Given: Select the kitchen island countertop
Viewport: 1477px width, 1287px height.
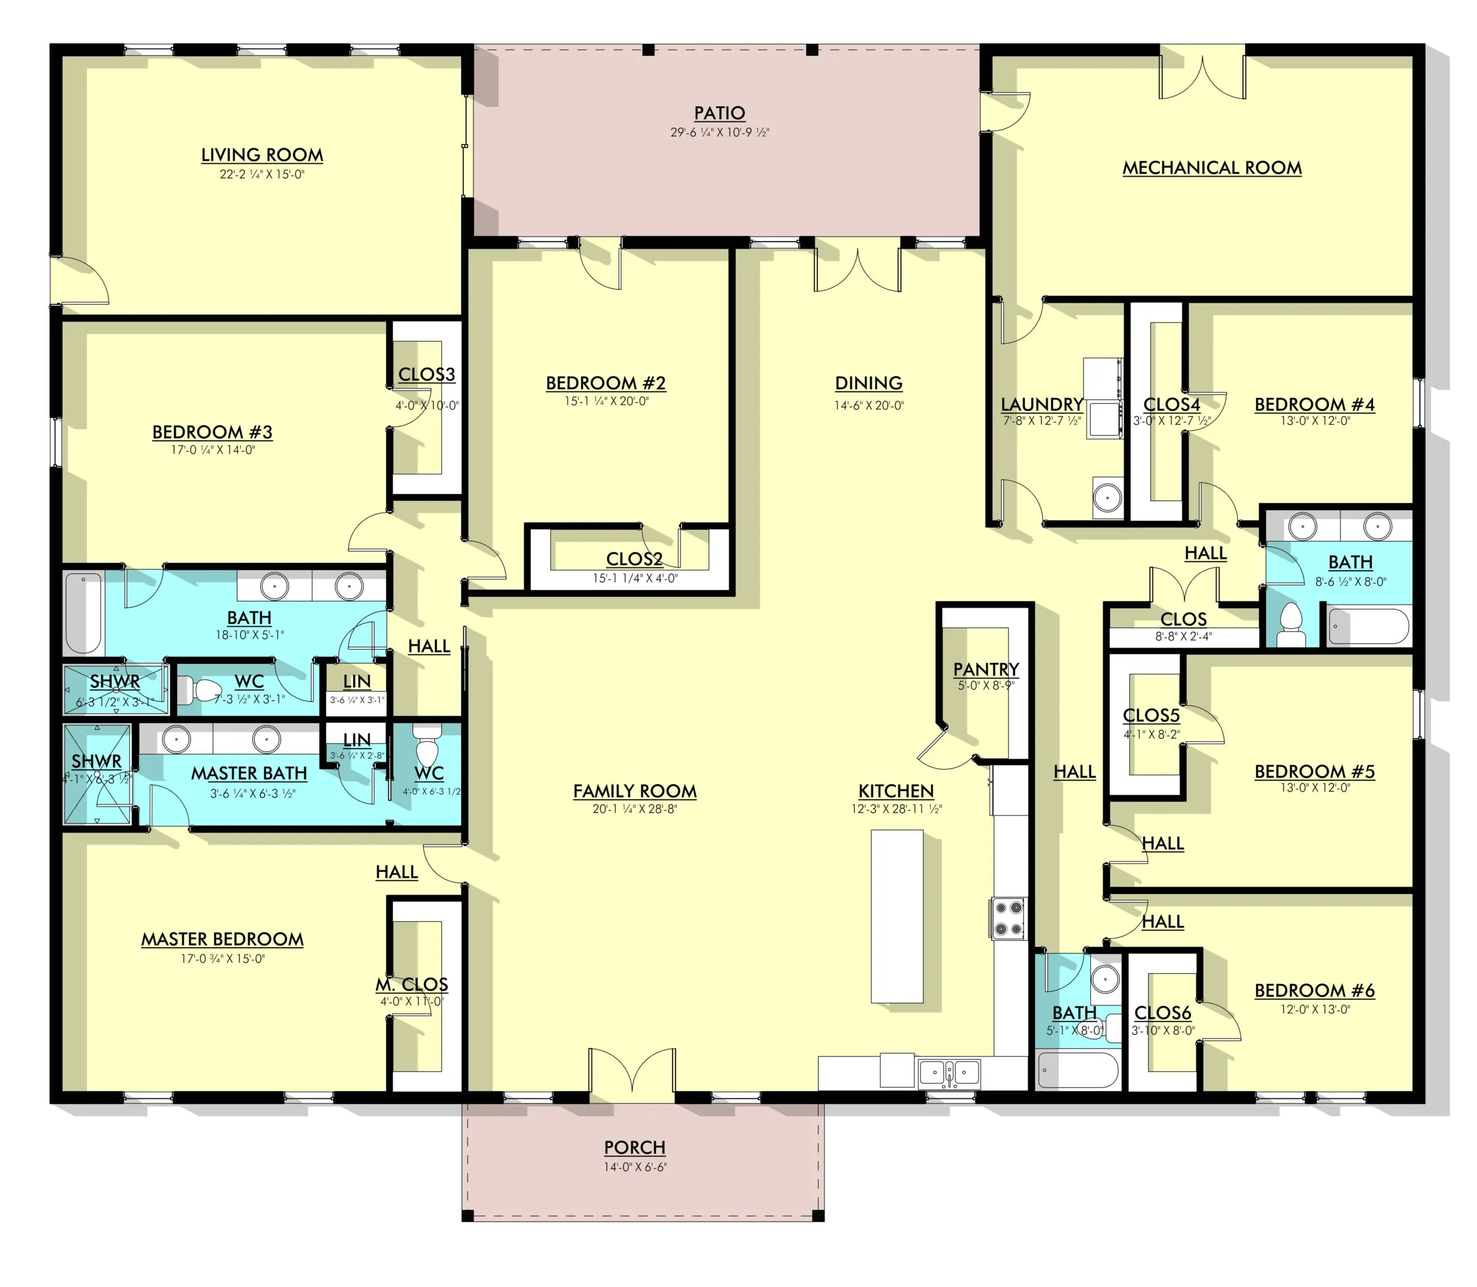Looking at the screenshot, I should pyautogui.click(x=896, y=916).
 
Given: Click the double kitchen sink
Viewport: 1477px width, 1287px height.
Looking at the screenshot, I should pyautogui.click(x=949, y=1073).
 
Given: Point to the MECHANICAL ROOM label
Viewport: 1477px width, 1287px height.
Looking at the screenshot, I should pyautogui.click(x=1212, y=167).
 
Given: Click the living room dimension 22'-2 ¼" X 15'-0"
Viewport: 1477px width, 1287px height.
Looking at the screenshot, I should pyautogui.click(x=262, y=174).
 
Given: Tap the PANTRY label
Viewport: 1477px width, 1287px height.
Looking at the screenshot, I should pyautogui.click(x=985, y=669).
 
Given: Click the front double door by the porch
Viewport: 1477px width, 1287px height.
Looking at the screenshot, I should pyautogui.click(x=632, y=1070).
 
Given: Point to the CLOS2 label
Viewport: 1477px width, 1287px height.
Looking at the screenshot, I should pyautogui.click(x=633, y=559).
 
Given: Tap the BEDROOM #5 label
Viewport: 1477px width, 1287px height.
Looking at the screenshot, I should pyautogui.click(x=1314, y=772).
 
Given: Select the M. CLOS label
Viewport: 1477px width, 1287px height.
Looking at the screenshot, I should pyautogui.click(x=411, y=984).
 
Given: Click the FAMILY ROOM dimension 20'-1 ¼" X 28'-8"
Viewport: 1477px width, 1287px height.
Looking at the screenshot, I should pyautogui.click(x=635, y=809).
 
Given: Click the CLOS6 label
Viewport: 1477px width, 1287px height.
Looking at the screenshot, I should pyautogui.click(x=1162, y=1013).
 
